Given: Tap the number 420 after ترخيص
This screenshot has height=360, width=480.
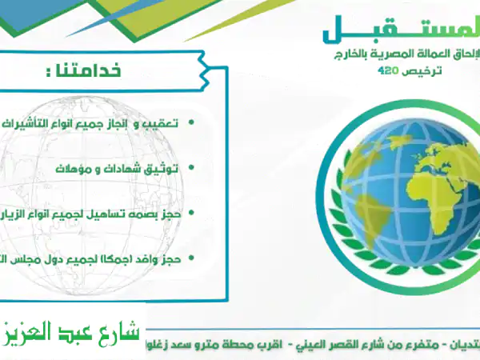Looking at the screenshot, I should point(389,71).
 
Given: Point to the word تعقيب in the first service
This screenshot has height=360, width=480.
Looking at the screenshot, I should point(160,124).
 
